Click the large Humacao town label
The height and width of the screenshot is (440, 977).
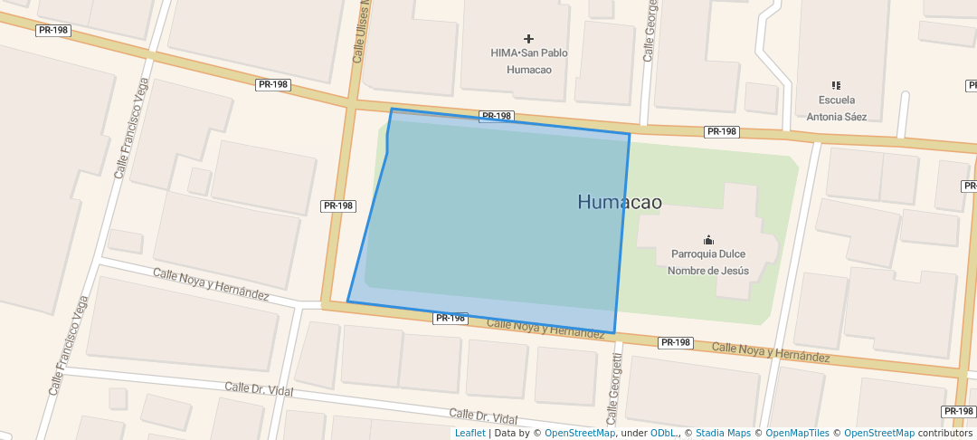point(619,202)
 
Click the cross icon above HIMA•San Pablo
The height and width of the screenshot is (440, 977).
point(529,38)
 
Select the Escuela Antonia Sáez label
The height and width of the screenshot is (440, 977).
point(836,108)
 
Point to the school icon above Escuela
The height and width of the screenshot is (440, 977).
point(836,85)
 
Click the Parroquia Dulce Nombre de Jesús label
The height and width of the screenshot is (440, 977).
point(708,262)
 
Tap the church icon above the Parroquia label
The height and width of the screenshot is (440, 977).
point(708,240)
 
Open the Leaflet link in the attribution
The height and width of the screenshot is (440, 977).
point(470,433)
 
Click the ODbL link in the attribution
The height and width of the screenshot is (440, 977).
point(663,433)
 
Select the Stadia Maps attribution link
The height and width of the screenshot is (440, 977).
point(723,433)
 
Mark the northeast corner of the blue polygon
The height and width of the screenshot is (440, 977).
point(629,134)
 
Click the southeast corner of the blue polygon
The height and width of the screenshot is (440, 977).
point(615,333)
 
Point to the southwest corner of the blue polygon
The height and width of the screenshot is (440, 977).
point(347,301)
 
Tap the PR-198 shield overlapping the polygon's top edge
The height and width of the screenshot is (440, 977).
point(497,116)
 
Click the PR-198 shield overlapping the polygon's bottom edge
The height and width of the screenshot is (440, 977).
point(451,318)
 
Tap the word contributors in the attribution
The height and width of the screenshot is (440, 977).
point(946,433)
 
